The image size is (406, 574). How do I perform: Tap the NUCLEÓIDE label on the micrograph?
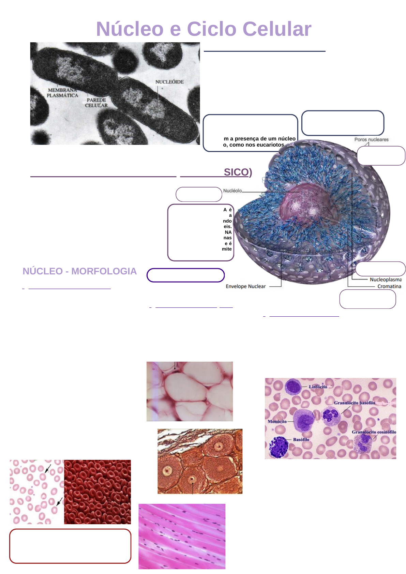tap(169, 82)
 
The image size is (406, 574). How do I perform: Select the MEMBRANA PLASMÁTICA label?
tap(62, 93)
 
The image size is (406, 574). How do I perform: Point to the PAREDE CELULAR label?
tap(96, 103)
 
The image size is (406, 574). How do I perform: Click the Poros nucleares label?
tap(371, 139)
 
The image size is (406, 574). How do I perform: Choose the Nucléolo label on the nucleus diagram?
tap(232, 191)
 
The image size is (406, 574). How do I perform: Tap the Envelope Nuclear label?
tap(245, 286)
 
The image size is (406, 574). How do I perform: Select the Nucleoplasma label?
tap(386, 280)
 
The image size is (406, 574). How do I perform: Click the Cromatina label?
tap(389, 286)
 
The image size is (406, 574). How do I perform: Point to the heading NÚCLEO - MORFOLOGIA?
tap(79, 271)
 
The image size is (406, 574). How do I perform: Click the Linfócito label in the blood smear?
tap(318, 387)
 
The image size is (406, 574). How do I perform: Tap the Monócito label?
tap(277, 421)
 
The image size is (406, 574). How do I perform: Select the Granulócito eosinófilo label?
tap(374, 432)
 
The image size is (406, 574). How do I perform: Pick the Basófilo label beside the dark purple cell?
tap(301, 440)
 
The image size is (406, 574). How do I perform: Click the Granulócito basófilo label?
tap(354, 403)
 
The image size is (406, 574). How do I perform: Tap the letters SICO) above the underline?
tap(238, 172)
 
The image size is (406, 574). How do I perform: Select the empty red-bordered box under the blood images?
tap(70, 546)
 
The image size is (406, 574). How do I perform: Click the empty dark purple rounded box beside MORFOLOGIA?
tap(185, 275)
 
